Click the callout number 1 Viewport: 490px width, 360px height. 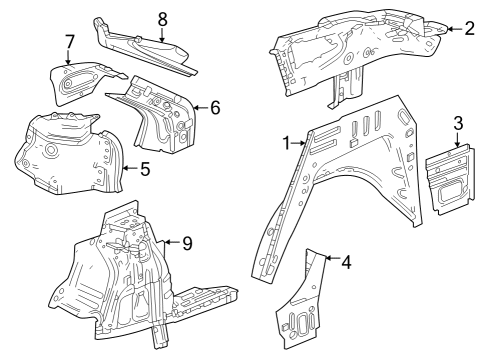coord(288,144)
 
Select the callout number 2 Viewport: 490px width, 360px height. coord(469,28)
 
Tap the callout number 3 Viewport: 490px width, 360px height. coord(457,123)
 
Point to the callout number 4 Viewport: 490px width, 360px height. coord(345,263)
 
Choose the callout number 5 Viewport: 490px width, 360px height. coord(145,169)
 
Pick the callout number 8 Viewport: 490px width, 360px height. coord(162,16)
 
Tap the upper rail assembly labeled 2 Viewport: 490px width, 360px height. coord(350,45)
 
